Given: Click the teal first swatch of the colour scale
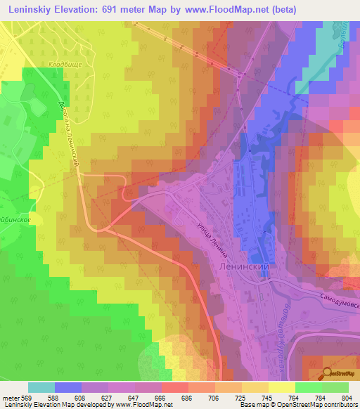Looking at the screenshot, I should click(x=41, y=387).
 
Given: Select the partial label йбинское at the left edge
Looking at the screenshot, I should click(x=15, y=220).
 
